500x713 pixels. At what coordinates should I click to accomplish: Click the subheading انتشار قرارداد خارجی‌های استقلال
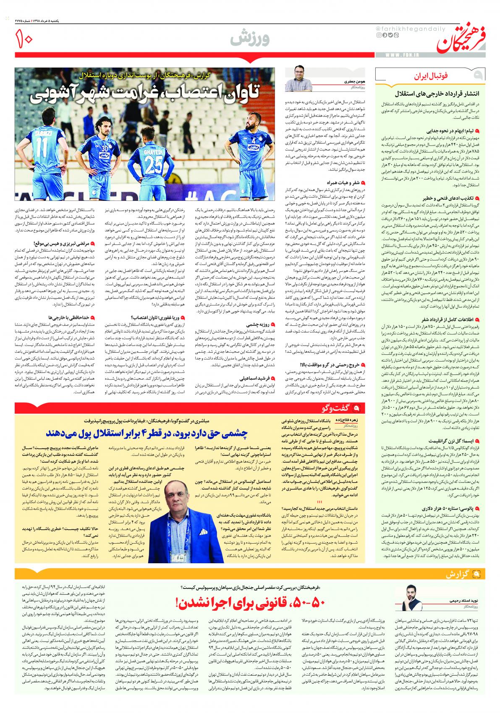coord(439,93)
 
